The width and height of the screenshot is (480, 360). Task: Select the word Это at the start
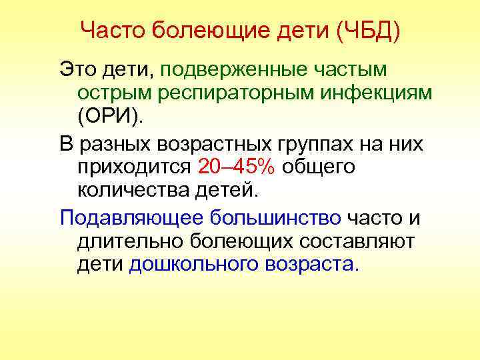[x=77, y=69]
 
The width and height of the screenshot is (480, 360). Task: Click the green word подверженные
[x=237, y=69]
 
